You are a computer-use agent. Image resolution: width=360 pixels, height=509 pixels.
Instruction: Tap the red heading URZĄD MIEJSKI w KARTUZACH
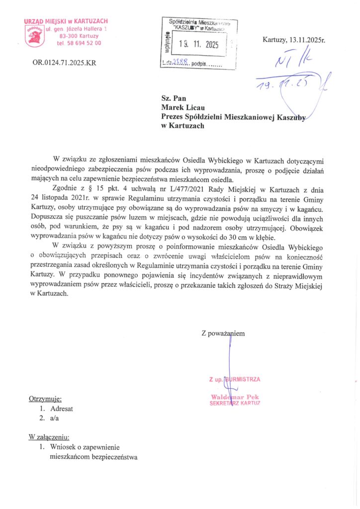pyautogui.click(x=66, y=21)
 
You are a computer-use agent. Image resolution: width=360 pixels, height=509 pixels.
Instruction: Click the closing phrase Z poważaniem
pyautogui.click(x=223, y=334)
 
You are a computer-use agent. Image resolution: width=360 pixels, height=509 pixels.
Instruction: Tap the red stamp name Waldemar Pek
pyautogui.click(x=235, y=397)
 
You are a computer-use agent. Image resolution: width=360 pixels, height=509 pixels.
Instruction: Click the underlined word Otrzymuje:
pyautogui.click(x=45, y=399)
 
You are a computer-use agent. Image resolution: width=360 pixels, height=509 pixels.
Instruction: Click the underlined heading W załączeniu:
pyautogui.click(x=50, y=437)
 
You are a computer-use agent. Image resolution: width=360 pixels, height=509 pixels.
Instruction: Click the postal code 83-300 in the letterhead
pyautogui.click(x=69, y=36)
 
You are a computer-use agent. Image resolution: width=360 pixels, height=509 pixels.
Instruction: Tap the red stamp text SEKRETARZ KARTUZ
pyautogui.click(x=235, y=403)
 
